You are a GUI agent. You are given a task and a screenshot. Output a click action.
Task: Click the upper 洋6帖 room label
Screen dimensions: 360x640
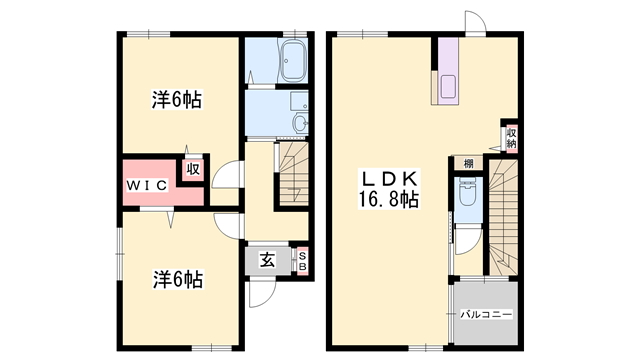tap(177, 100)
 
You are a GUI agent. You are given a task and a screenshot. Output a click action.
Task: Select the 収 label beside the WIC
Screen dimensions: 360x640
tap(192, 170)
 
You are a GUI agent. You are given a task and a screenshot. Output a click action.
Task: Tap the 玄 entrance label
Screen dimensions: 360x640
tap(268, 261)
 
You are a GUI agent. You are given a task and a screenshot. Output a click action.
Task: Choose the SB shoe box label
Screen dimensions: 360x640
tap(304, 260)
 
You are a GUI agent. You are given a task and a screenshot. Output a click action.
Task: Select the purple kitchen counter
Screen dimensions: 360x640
tap(445, 72)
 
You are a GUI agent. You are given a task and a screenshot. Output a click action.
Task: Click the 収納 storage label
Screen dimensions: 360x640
tap(511, 138)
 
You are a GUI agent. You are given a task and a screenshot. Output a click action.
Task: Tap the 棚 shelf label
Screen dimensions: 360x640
tap(467, 164)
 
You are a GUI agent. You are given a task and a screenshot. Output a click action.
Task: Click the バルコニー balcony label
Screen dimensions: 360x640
tap(486, 315)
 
